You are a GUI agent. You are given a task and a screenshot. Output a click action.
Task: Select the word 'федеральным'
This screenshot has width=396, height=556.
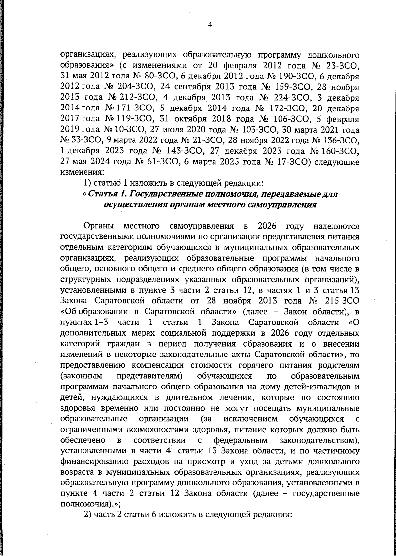241,440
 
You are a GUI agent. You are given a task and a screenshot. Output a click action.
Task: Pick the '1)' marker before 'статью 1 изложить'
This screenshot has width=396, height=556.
87,183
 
